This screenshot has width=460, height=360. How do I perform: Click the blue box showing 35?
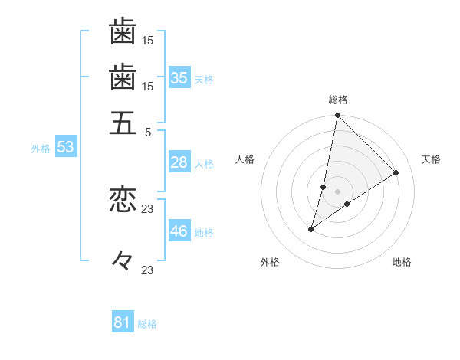click(x=179, y=77)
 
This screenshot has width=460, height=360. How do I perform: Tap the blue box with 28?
click(x=179, y=162)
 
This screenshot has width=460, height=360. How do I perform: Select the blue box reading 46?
click(x=179, y=231)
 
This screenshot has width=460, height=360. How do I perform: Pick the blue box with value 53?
click(x=65, y=147)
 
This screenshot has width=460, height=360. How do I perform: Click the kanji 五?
click(x=123, y=123)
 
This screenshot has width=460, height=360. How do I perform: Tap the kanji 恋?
click(x=123, y=200)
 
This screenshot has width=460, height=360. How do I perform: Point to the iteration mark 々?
click(x=123, y=261)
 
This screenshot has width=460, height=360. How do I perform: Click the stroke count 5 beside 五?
click(x=149, y=132)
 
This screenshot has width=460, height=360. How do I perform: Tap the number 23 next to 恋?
click(x=148, y=208)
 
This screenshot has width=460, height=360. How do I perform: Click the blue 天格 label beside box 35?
click(x=204, y=79)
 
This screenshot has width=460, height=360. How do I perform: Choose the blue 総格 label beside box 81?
click(x=147, y=324)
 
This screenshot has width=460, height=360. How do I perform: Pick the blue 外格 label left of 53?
click(x=41, y=149)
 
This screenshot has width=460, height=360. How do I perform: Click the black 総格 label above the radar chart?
click(x=338, y=100)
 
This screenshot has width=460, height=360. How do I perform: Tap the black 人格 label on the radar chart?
click(x=245, y=159)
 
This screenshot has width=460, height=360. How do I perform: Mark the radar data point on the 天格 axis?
click(x=396, y=172)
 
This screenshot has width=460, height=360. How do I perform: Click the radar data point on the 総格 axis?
click(x=338, y=116)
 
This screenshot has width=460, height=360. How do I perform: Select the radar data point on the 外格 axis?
click(x=311, y=229)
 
